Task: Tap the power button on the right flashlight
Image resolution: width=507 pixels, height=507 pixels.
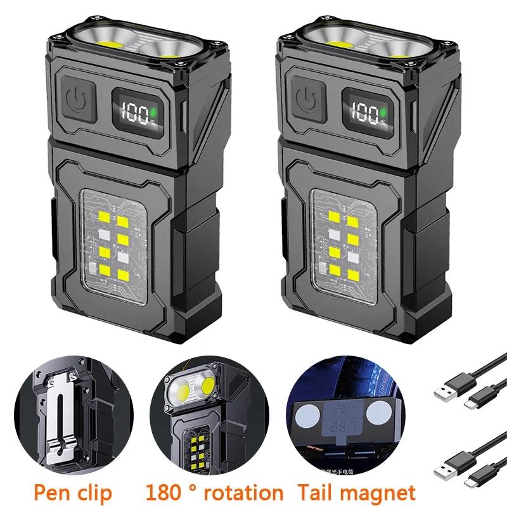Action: pyautogui.click(x=307, y=100)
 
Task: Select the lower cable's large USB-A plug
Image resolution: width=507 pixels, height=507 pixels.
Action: pyautogui.click(x=447, y=466)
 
